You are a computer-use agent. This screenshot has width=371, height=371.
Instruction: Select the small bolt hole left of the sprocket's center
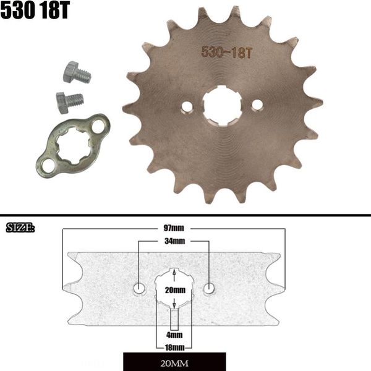pyautogui.click(x=187, y=107)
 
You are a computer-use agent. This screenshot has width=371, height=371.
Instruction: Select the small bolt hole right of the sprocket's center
pyautogui.click(x=257, y=106)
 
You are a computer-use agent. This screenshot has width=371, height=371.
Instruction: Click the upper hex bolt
pyautogui.click(x=76, y=73)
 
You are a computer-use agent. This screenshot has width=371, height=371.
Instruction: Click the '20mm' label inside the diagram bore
pyautogui.click(x=175, y=289)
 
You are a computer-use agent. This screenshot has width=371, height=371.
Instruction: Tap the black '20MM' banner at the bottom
pyautogui.click(x=174, y=362)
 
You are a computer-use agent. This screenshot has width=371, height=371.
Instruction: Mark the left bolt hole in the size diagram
pyautogui.click(x=140, y=288)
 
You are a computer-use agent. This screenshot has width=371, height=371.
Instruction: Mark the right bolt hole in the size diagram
pyautogui.click(x=210, y=288)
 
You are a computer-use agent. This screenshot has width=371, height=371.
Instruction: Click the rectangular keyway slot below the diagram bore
pyautogui.click(x=175, y=318)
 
